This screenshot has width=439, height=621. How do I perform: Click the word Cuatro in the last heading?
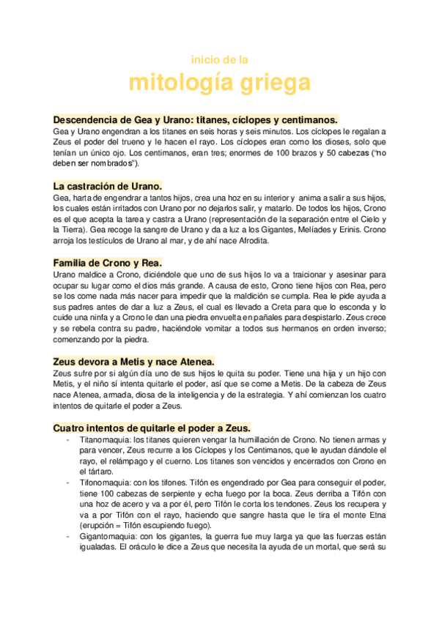pyautogui.click(x=72, y=427)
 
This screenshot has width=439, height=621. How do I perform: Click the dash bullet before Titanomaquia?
pyautogui.click(x=68, y=439)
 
